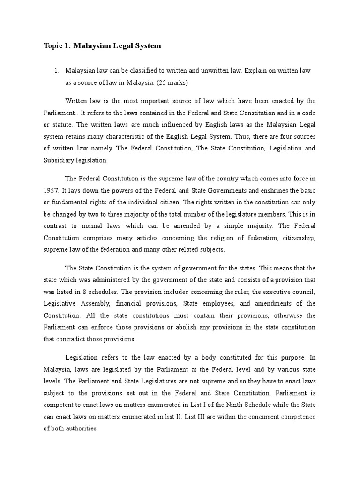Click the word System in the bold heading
(148, 46)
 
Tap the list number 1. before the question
(57, 70)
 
